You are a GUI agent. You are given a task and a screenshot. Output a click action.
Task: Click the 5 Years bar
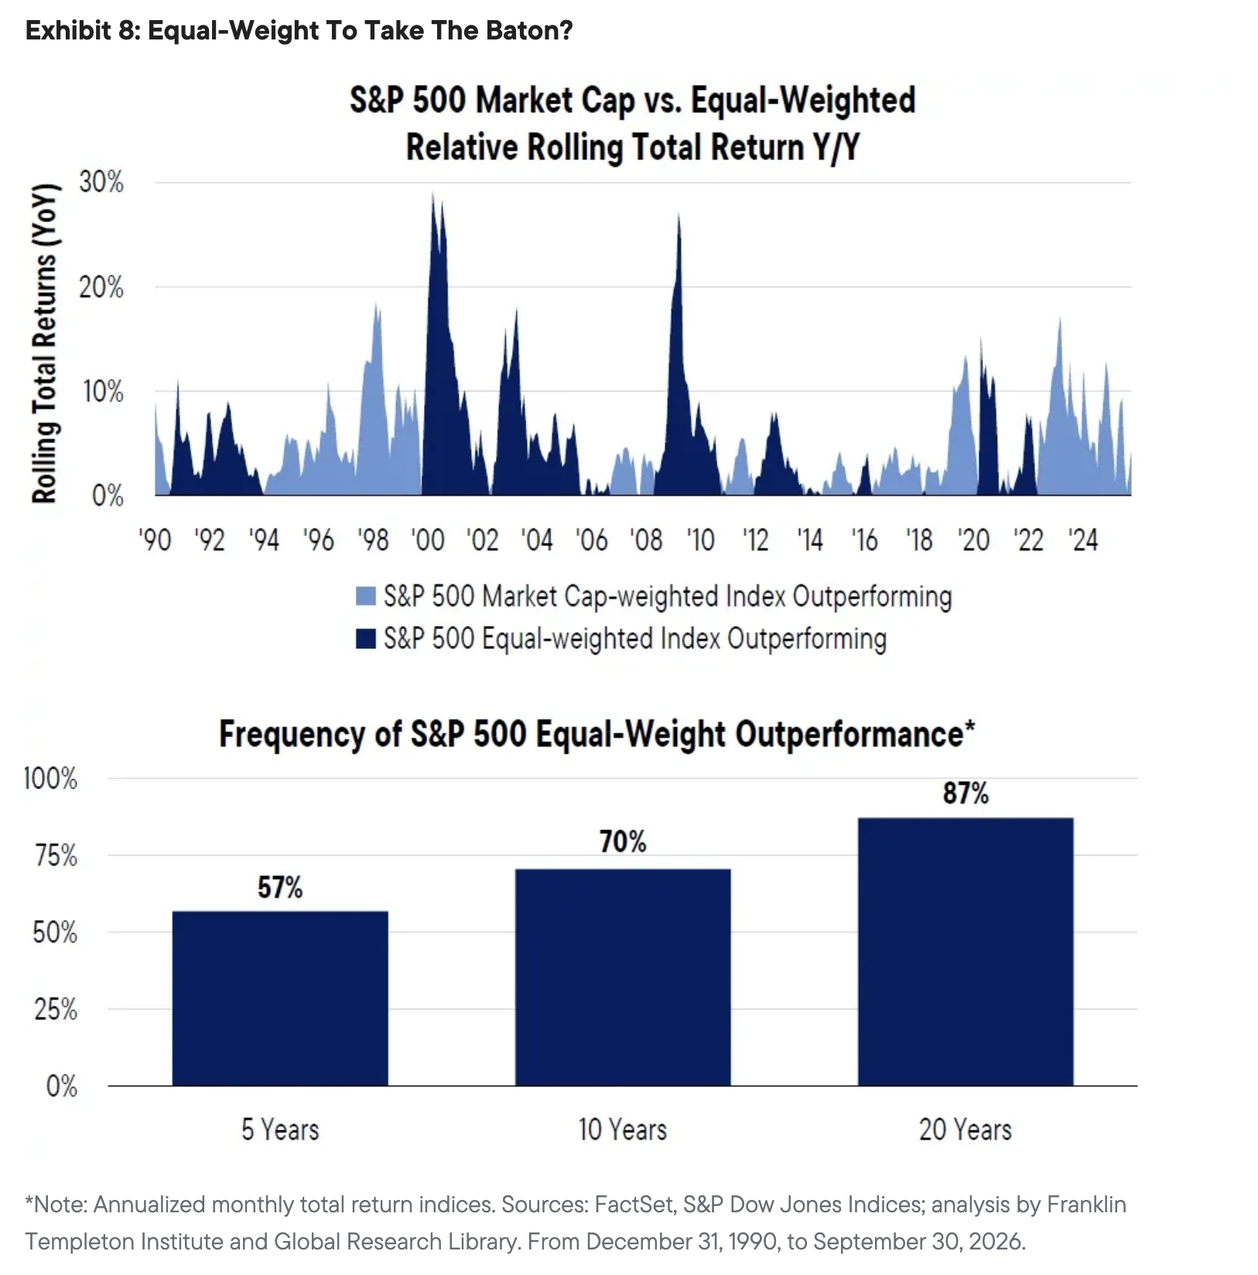click(x=280, y=998)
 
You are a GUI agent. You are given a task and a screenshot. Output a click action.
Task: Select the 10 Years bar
click(x=623, y=977)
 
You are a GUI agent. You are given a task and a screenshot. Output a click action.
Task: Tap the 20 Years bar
click(x=966, y=952)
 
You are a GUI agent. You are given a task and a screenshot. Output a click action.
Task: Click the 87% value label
click(x=966, y=794)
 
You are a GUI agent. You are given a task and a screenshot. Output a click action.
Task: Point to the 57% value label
click(x=280, y=887)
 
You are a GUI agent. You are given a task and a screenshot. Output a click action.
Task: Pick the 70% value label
click(x=623, y=842)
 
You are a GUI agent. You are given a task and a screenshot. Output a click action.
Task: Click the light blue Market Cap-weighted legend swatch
click(x=365, y=596)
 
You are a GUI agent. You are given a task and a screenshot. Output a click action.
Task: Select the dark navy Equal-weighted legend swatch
click(x=365, y=639)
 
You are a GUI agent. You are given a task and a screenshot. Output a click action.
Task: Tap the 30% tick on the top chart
click(x=101, y=183)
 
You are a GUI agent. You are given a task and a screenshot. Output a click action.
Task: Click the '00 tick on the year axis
click(x=428, y=540)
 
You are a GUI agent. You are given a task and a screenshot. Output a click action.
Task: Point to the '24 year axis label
click(x=1083, y=540)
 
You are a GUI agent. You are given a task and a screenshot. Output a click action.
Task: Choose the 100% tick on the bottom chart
click(x=51, y=778)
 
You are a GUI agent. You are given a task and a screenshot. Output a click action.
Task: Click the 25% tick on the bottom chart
click(x=56, y=1010)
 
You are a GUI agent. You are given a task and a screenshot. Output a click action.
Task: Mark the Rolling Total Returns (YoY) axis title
click(x=45, y=344)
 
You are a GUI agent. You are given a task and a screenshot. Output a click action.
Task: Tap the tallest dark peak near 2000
click(x=432, y=193)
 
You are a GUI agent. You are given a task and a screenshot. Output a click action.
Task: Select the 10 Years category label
click(x=623, y=1130)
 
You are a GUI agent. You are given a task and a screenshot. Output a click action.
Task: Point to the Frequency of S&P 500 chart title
click(x=597, y=733)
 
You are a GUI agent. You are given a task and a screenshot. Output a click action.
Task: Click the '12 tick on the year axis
click(x=755, y=540)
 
